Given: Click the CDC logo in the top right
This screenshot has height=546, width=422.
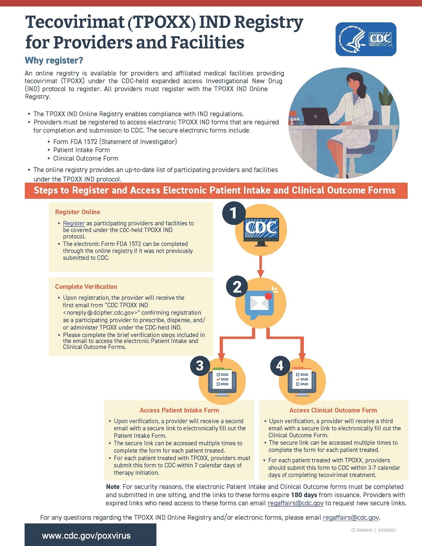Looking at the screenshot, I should pos(366,39).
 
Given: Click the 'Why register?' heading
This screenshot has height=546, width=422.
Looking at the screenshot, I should pos(54,61).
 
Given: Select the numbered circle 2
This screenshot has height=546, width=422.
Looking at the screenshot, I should pos(237,287).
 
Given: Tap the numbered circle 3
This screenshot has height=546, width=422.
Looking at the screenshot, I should pos(200,366).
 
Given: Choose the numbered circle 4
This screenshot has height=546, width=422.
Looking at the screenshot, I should pos(280,366).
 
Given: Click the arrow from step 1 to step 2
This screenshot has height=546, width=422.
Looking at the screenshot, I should pos(261,266).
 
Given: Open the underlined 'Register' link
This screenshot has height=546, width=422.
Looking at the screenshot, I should pos(74,223).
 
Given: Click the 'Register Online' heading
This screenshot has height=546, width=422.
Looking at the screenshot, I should pos(77,212).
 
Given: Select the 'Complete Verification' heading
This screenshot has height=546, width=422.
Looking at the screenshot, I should pos(86,287).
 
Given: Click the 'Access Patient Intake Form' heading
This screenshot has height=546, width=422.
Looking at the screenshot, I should pos(179,410).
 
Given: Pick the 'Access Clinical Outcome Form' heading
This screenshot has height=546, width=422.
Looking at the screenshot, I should pos(333,410).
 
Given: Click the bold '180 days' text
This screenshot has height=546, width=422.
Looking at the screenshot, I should pos(304,495).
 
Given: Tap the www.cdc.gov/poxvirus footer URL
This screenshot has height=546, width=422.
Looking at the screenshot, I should pos(86,536).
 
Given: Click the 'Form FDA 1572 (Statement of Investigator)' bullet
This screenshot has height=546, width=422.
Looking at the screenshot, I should pos(115,142).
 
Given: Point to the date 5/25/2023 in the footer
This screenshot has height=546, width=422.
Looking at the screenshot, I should pos(387,530).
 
